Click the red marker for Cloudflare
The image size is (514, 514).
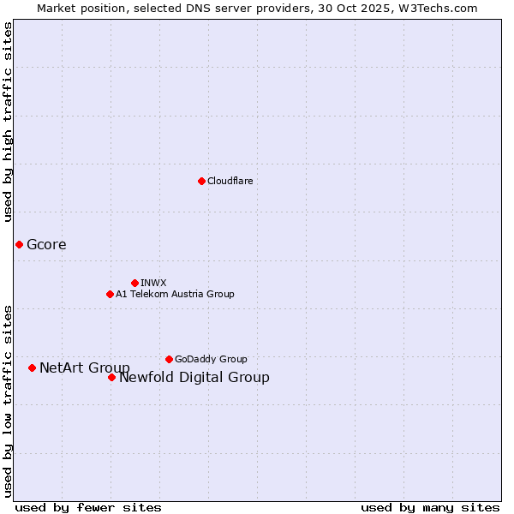coord(201,181)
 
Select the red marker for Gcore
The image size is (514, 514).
coord(19,244)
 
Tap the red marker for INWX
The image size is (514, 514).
coord(134,283)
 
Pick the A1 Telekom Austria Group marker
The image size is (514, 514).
coord(110,294)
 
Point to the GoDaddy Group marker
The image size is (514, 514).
coord(169,359)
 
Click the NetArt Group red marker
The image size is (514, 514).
coord(32,368)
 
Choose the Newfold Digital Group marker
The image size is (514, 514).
coord(111,377)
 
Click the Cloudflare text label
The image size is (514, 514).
coord(230,181)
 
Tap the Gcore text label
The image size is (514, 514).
coord(46,245)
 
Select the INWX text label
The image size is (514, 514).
coord(153,283)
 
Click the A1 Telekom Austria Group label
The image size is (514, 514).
coord(175,294)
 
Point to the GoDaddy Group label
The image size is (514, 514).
coord(211,359)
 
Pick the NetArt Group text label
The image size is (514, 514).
coord(85,368)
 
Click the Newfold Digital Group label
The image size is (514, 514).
coord(194,378)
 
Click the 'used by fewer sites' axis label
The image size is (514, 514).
coord(88,507)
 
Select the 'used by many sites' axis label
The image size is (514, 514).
coord(430,507)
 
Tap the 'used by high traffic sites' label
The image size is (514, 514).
coord(9,122)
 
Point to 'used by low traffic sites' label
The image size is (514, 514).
coord(9,401)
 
